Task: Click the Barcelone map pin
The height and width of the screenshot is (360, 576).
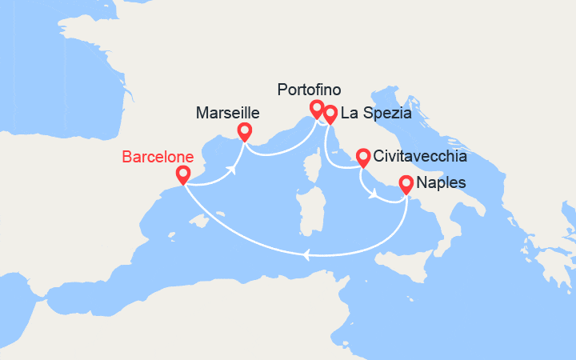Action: (x=183, y=174)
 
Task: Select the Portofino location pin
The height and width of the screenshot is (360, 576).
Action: (x=317, y=108)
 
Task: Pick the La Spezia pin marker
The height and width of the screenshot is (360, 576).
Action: (x=330, y=114)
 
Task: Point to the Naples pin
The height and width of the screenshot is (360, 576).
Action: (x=406, y=184)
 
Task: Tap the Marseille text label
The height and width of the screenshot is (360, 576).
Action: (x=227, y=114)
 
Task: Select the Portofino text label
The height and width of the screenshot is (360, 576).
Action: (x=308, y=90)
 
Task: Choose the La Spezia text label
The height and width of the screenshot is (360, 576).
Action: (x=376, y=114)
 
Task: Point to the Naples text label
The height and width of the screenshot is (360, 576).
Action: (x=442, y=185)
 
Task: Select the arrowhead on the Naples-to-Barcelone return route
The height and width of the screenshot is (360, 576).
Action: (x=306, y=255)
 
